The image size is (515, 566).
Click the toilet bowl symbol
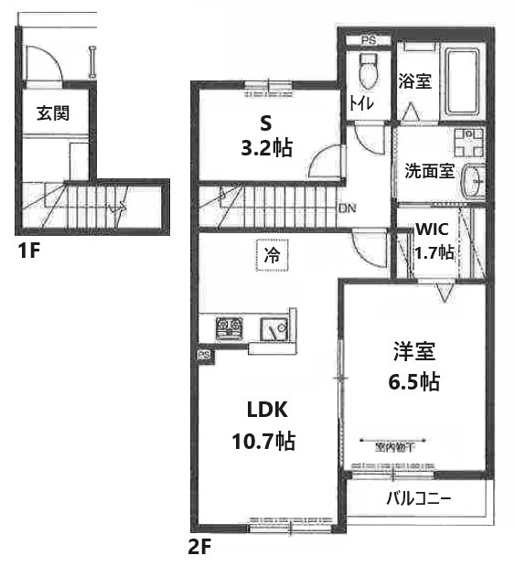click(370, 69)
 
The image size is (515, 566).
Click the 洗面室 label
click(429, 171)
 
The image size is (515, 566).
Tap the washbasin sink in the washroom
click(475, 180)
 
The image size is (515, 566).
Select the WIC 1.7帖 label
click(435, 241)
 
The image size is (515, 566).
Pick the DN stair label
click(347, 209)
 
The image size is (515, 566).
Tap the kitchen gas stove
click(228, 327)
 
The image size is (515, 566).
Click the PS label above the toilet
click(368, 41)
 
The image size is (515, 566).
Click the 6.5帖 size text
click(413, 381)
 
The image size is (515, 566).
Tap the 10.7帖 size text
click(262, 442)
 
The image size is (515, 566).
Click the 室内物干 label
click(394, 447)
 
